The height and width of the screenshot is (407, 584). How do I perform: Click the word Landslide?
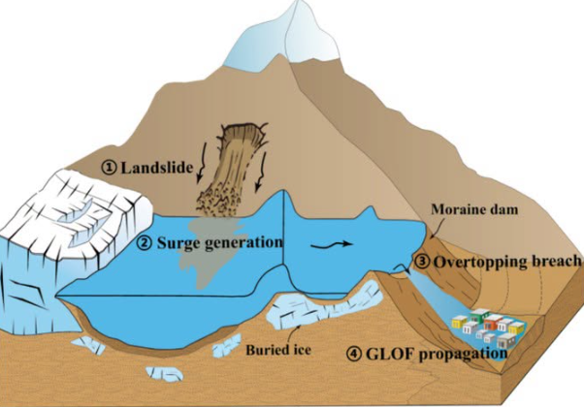(x=157, y=168)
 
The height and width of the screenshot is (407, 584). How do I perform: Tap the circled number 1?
(x=109, y=168)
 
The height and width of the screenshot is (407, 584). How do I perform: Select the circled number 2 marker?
(x=145, y=243)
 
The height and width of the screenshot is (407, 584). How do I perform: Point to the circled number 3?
(x=422, y=262)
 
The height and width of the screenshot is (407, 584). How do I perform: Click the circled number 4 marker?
(x=354, y=353)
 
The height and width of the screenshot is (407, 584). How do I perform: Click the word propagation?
(x=463, y=355)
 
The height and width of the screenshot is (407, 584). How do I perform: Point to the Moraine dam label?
(x=474, y=209)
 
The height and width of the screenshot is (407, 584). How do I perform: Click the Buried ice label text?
(x=278, y=350)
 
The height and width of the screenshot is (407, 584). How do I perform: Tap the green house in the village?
(x=479, y=315)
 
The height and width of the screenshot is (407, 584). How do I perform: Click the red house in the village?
(x=493, y=323)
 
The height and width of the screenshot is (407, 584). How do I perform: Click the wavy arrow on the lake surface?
(x=331, y=244)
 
